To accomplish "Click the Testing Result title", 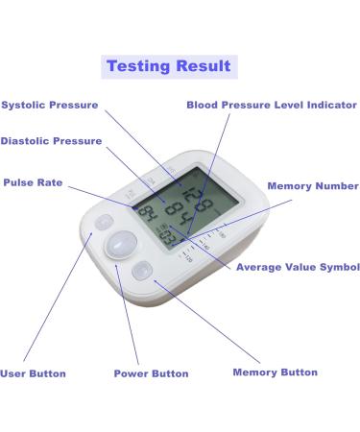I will pyautogui.click(x=168, y=66).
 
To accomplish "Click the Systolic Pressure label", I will pyautogui.click(x=49, y=105).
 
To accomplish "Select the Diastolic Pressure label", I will pyautogui.click(x=51, y=141).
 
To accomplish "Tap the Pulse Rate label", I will pyautogui.click(x=35, y=181).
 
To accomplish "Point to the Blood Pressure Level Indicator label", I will pyautogui.click(x=271, y=105).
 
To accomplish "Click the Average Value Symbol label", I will pyautogui.click(x=298, y=267).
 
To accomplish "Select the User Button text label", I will pyautogui.click(x=34, y=372).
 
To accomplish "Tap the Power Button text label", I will pyautogui.click(x=151, y=372).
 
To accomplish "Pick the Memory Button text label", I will pyautogui.click(x=276, y=372).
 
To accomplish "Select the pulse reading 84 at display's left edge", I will pyautogui.click(x=149, y=214).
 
